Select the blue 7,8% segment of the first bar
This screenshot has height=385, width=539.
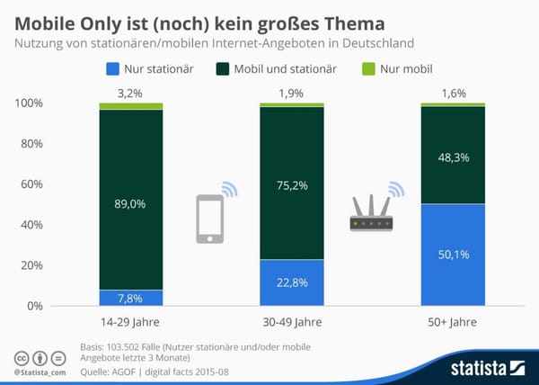(131, 298)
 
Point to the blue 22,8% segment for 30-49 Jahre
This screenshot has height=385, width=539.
(292, 282)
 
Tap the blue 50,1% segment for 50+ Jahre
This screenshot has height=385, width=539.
(453, 255)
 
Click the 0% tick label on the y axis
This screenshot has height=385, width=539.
(34, 306)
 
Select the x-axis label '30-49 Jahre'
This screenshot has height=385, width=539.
(292, 323)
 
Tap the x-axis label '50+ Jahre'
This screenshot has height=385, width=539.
(453, 323)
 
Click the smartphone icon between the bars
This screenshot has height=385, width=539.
(210, 218)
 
